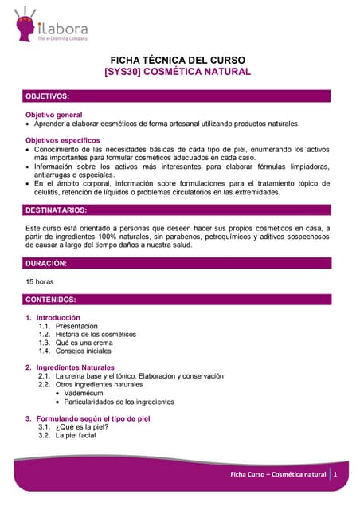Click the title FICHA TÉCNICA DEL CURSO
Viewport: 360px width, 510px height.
pos(178,60)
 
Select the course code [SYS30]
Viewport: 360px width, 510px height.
pos(123,72)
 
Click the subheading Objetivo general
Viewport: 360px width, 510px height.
pos(58,115)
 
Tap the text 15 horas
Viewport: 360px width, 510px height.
pos(41,281)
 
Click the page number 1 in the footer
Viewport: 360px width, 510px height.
pos(336,474)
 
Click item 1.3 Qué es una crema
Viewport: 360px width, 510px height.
pos(77,343)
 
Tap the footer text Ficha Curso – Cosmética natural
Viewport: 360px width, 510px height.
pos(278,474)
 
